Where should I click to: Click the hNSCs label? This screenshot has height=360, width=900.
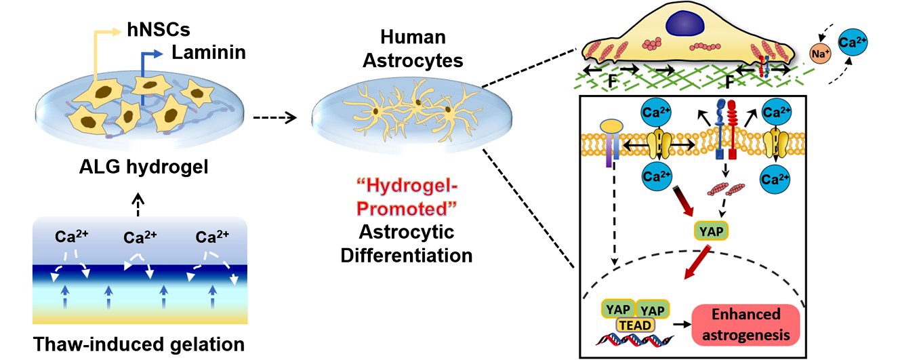pyautogui.click(x=159, y=30)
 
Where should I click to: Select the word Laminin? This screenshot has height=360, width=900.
pyautogui.click(x=209, y=52)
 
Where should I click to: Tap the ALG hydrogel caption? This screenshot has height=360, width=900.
pyautogui.click(x=144, y=167)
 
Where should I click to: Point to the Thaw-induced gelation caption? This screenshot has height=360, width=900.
pyautogui.click(x=139, y=344)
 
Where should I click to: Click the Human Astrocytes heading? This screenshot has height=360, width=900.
pyautogui.click(x=413, y=49)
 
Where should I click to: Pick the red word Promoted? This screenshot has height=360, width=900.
pyautogui.click(x=407, y=209)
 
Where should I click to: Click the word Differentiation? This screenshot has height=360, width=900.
pyautogui.click(x=407, y=255)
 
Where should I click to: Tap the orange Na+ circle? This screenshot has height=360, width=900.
pyautogui.click(x=819, y=54)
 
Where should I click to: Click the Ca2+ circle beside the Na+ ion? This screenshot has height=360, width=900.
pyautogui.click(x=853, y=43)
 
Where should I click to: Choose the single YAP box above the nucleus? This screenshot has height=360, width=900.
pyautogui.click(x=711, y=231)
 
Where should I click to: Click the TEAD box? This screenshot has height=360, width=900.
pyautogui.click(x=635, y=325)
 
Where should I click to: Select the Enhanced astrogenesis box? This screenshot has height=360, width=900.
pyautogui.click(x=745, y=325)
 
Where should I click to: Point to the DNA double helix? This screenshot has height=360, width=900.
pyautogui.click(x=635, y=340)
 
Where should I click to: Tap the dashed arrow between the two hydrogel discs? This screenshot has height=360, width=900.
pyautogui.click(x=275, y=118)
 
